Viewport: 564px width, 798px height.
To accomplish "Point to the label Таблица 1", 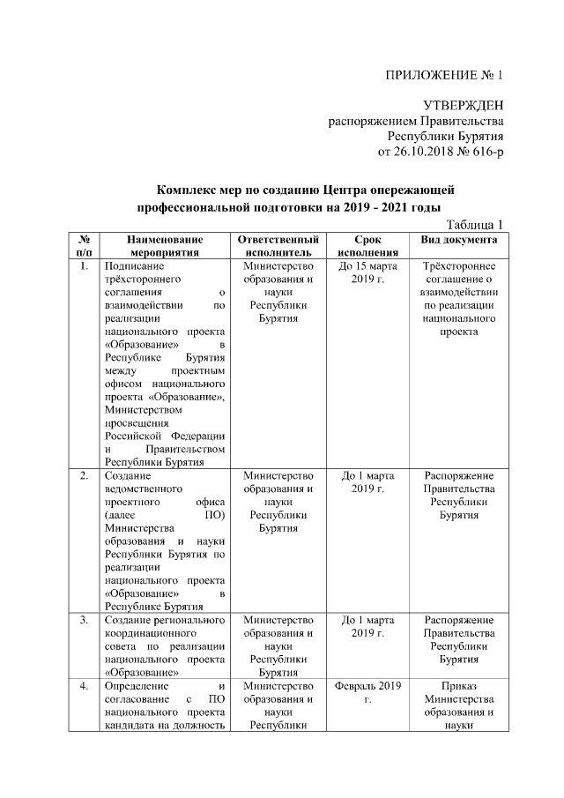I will coord(475,224).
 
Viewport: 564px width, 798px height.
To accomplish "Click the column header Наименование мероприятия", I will coord(165,245).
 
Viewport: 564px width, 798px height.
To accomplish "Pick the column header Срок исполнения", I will coord(367,245).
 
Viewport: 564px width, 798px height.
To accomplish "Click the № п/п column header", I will coord(82,245).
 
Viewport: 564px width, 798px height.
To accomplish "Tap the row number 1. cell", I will coord(82,265).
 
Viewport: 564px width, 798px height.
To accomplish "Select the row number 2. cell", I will coord(82,476).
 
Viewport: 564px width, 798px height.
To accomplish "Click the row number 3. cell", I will coord(82,621).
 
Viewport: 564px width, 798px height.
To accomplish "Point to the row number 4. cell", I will coord(82,685).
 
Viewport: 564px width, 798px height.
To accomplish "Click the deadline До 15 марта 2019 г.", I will coord(367,272).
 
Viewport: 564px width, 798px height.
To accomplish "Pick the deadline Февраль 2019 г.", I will coord(367,692).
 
